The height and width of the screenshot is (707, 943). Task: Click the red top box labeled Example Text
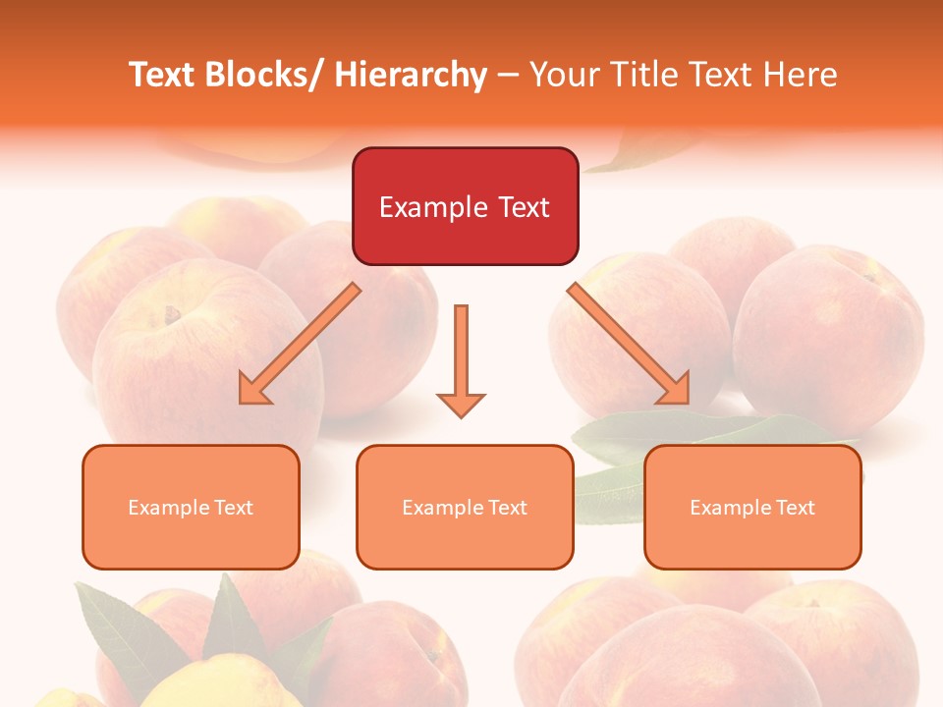pyautogui.click(x=465, y=206)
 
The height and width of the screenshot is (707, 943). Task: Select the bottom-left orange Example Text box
pyautogui.click(x=191, y=507)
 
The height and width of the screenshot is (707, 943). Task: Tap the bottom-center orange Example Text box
pyautogui.click(x=465, y=507)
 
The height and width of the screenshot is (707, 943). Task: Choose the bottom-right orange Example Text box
pyautogui.click(x=752, y=507)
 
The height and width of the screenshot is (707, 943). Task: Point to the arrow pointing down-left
pyautogui.click(x=301, y=344)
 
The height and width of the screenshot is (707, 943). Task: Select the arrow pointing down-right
pyautogui.click(x=629, y=344)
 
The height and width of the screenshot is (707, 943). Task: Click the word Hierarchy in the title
pyautogui.click(x=411, y=75)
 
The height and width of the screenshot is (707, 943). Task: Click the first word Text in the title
pyautogui.click(x=162, y=75)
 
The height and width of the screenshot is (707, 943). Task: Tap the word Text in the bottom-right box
pyautogui.click(x=795, y=508)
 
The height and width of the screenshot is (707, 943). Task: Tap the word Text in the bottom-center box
pyautogui.click(x=507, y=508)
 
